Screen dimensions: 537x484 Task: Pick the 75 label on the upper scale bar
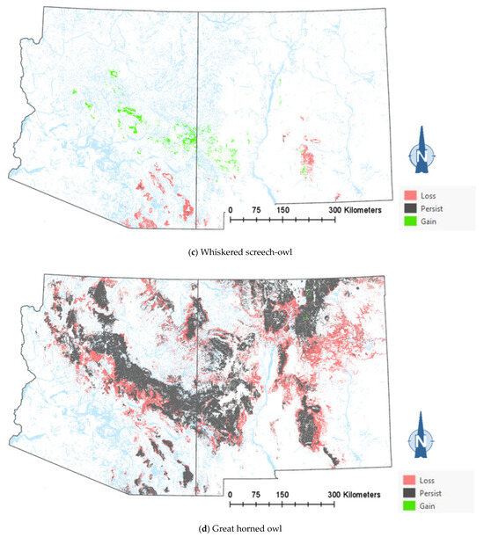point(256,211)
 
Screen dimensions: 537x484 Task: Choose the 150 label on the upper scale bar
point(282,211)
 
